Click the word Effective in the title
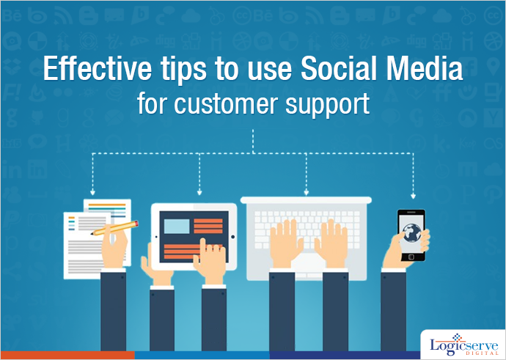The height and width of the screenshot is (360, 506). [97, 69]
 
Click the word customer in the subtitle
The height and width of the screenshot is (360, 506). [226, 104]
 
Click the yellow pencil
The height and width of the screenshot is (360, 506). [114, 228]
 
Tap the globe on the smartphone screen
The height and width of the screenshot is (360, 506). [412, 232]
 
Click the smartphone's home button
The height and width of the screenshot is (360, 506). [411, 257]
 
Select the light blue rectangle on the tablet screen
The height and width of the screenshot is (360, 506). [177, 226]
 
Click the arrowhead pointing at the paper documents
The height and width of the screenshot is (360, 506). [92, 193]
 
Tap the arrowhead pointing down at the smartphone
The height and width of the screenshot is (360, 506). [413, 196]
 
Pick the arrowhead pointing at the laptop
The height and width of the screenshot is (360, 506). [307, 193]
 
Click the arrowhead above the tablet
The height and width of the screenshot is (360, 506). [199, 193]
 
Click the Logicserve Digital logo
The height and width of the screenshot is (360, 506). [463, 345]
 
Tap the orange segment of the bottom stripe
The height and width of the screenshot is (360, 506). [67, 355]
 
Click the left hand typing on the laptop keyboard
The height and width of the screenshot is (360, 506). [286, 243]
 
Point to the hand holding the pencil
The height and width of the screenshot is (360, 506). [114, 247]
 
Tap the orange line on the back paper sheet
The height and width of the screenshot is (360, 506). [107, 205]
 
